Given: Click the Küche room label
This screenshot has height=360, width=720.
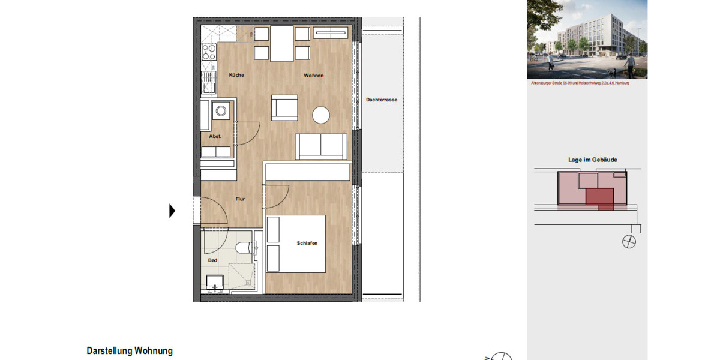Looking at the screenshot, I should [236, 75].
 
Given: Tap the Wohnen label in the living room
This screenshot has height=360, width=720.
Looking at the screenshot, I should [313, 75].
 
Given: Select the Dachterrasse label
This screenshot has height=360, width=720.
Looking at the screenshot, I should [382, 100].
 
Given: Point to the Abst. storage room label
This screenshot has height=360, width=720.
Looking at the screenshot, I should [215, 136].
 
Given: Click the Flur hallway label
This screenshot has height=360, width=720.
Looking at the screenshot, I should [240, 199].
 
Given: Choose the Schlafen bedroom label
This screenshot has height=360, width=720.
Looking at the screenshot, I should [307, 243].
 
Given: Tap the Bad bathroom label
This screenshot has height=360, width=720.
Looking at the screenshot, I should [212, 260].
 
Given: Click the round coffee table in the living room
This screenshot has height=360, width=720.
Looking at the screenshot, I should [321, 115].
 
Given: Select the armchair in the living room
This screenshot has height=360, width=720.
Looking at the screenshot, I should [284, 108].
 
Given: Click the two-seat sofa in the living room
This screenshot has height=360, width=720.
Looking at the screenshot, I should [321, 146].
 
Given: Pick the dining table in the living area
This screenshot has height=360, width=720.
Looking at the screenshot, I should [281, 43].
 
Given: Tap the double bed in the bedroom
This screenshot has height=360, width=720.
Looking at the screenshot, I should [296, 244].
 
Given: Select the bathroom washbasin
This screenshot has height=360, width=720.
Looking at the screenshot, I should [214, 281].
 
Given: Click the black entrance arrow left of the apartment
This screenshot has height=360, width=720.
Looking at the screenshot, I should [172, 211].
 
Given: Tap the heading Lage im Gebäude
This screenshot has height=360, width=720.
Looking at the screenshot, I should [592, 160].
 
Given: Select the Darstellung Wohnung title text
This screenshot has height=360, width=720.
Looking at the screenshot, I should [130, 351].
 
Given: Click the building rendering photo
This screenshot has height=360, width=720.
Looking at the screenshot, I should [587, 40].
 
